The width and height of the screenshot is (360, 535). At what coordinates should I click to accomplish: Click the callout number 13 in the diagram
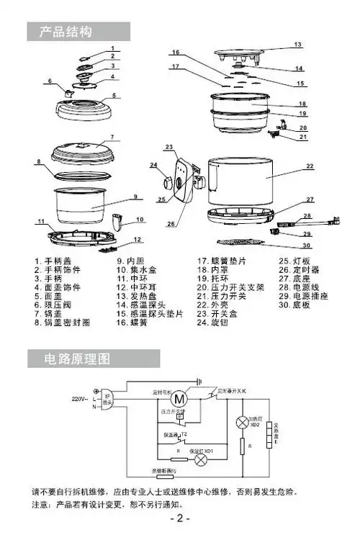click(x=297, y=45)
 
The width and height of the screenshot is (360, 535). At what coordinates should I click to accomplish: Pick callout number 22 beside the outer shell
click(x=310, y=166)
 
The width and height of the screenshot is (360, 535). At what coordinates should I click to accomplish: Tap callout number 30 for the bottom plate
click(x=307, y=246)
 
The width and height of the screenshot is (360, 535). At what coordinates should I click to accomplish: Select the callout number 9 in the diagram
click(x=134, y=197)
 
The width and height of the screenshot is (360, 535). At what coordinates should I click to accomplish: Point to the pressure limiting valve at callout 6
click(x=70, y=92)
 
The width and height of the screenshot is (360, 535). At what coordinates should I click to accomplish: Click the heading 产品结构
click(x=68, y=31)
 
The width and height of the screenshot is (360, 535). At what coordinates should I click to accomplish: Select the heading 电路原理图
click(x=77, y=358)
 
